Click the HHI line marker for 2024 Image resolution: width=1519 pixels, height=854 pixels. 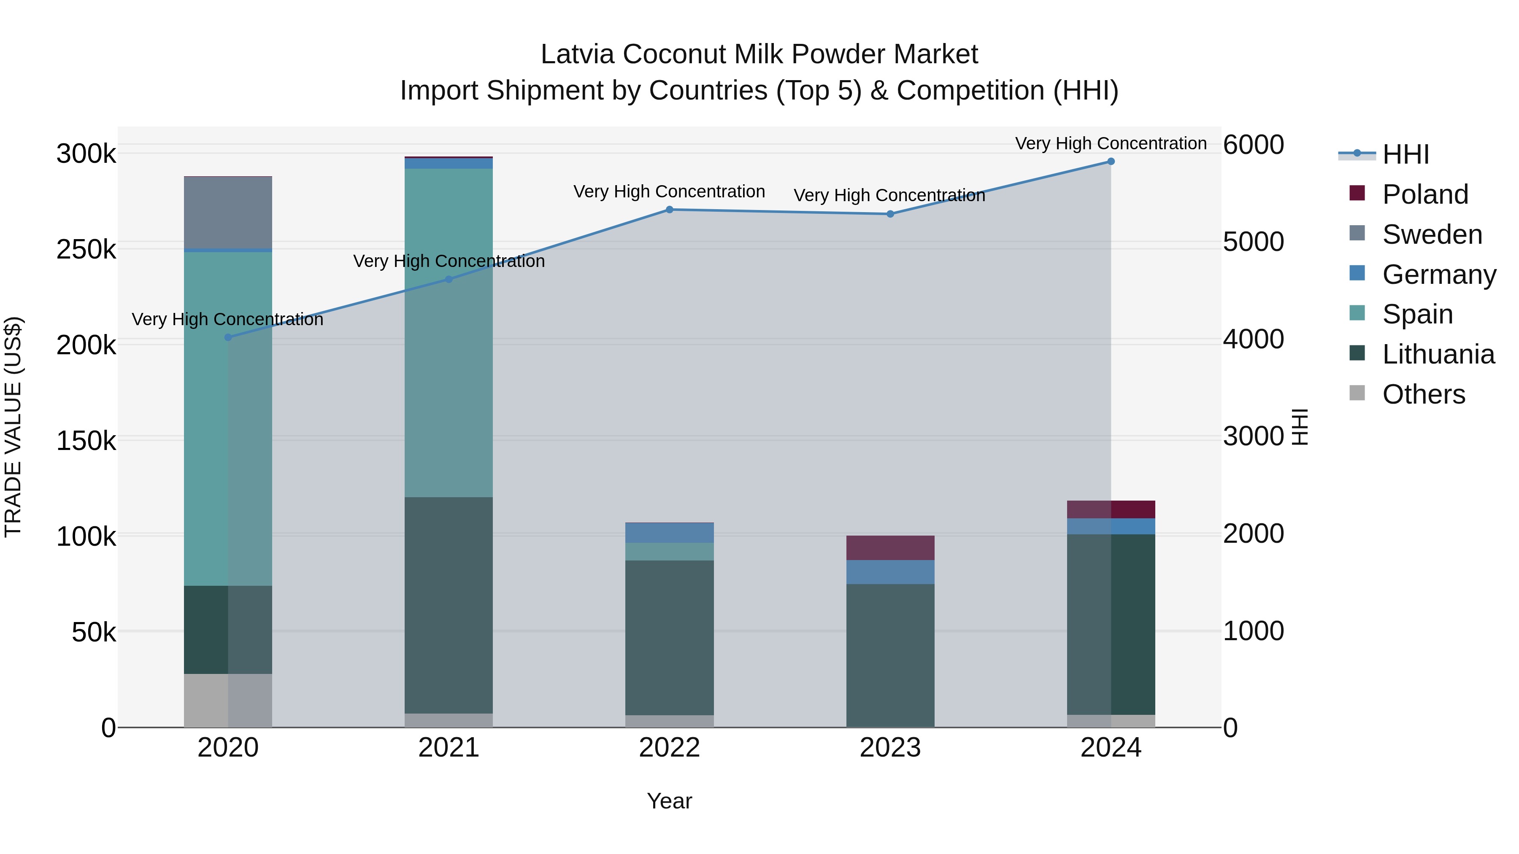[x=1111, y=162]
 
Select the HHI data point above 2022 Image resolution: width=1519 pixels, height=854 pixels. [x=669, y=210]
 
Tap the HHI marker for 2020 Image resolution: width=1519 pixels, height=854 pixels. [x=228, y=337]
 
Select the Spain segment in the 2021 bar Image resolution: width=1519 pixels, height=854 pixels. [x=449, y=333]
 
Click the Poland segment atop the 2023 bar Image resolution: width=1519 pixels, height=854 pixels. [x=890, y=547]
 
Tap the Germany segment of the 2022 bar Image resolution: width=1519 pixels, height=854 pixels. [x=669, y=533]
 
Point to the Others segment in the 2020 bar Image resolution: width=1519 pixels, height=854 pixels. [x=228, y=700]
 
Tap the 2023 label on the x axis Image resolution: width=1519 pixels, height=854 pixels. [x=890, y=748]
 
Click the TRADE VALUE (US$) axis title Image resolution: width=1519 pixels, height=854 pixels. [x=13, y=427]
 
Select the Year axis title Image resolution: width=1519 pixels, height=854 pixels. [x=669, y=801]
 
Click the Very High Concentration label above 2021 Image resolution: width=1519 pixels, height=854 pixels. [x=449, y=261]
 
